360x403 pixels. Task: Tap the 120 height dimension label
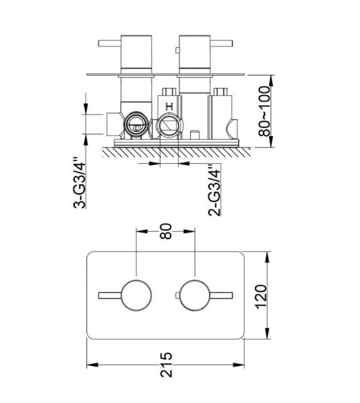click(261, 297)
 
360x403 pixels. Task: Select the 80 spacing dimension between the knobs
click(166, 231)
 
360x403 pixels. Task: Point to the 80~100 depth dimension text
click(264, 111)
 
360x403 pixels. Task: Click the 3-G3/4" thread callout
click(79, 182)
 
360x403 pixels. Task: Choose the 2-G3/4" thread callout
click(214, 191)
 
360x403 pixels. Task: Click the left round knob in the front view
click(136, 295)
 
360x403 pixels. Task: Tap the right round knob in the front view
click(196, 295)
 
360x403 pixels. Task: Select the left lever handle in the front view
click(110, 295)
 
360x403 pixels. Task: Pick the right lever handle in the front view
click(221, 295)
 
